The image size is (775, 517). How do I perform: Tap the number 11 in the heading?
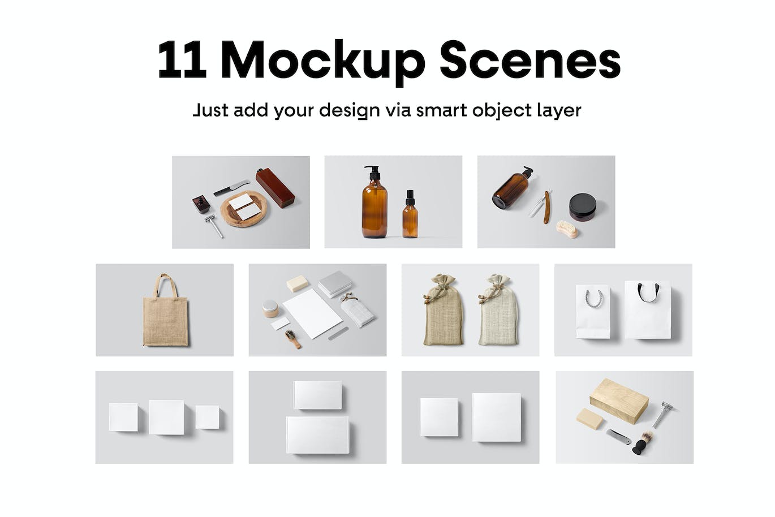[182, 59]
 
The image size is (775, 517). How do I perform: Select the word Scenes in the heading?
[530, 59]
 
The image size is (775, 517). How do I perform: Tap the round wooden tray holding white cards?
[244, 209]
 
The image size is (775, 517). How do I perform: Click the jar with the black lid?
[583, 207]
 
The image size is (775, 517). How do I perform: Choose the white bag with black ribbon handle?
[647, 310]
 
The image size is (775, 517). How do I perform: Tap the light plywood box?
[619, 400]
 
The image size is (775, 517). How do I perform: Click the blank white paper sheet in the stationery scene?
[313, 313]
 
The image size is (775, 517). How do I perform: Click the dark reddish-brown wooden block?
[275, 188]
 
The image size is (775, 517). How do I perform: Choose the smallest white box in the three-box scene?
[207, 417]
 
